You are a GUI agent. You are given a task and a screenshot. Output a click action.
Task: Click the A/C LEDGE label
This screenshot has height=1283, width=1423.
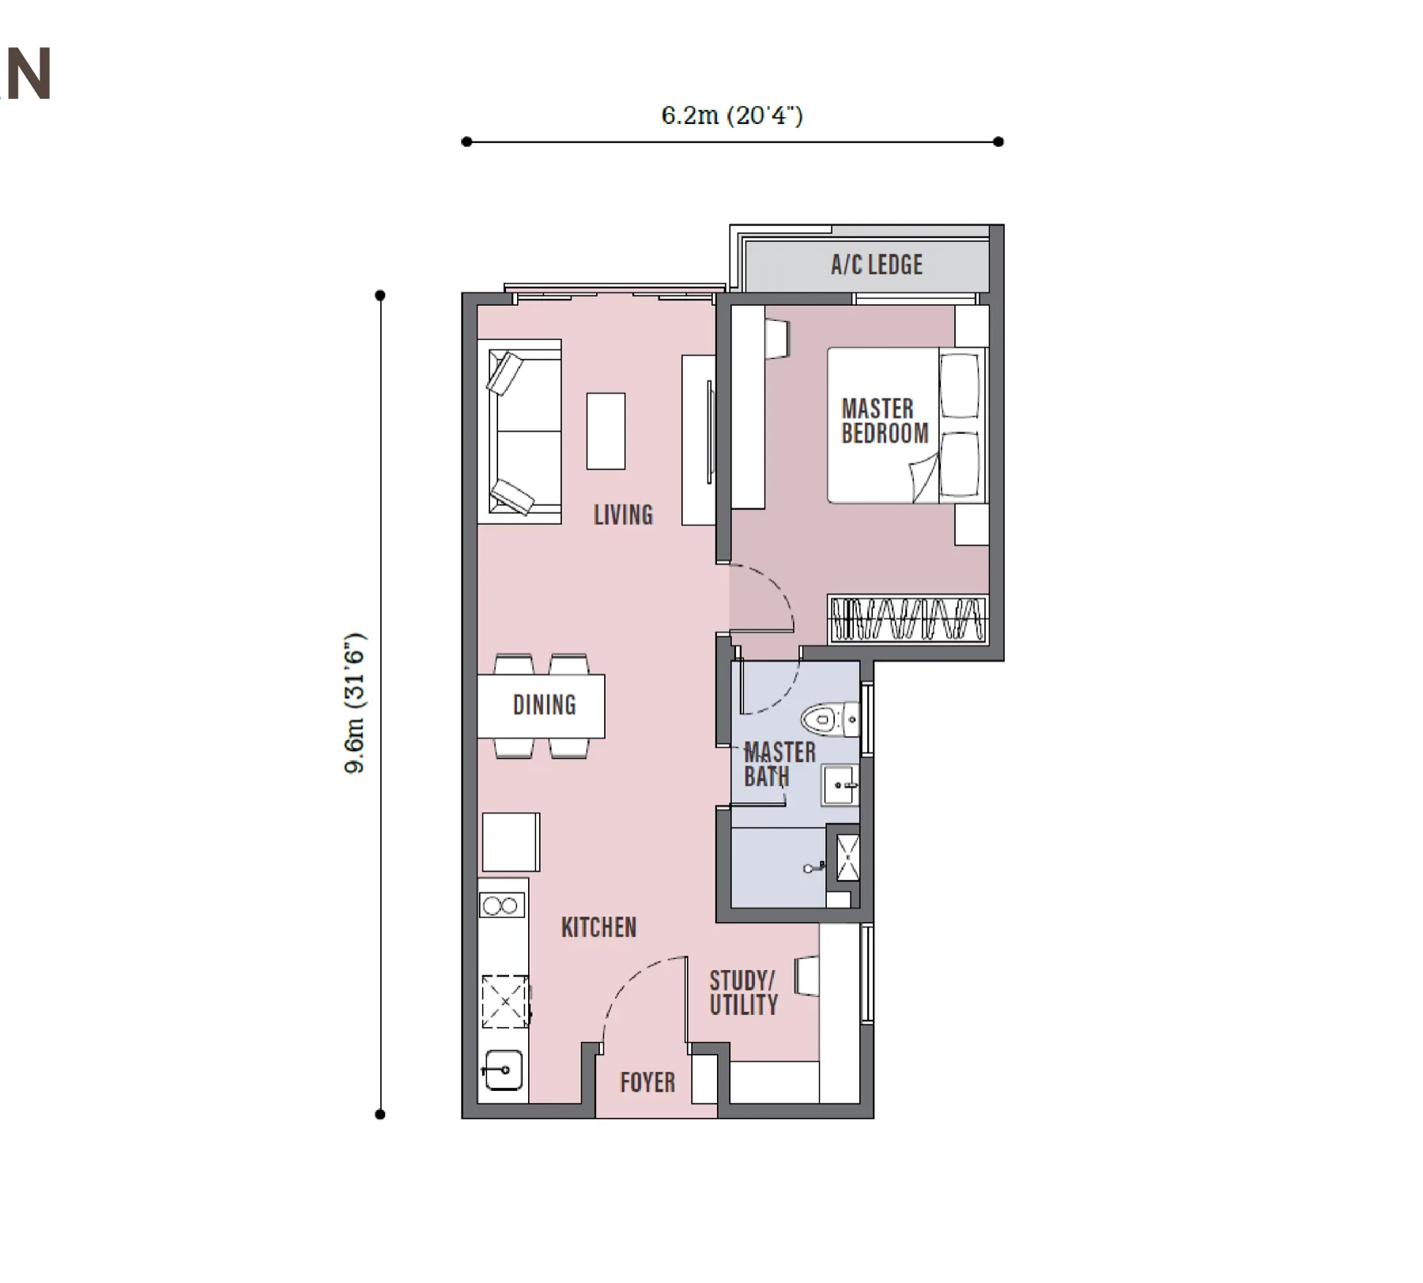(x=877, y=265)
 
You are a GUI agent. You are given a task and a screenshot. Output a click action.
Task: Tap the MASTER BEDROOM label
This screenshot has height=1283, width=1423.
(x=885, y=421)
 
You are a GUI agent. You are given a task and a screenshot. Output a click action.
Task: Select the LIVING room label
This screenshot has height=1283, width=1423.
(x=624, y=515)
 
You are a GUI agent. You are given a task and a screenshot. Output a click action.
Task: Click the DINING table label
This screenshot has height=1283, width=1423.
(x=545, y=705)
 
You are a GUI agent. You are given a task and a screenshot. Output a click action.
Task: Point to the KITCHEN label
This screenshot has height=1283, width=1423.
(x=598, y=927)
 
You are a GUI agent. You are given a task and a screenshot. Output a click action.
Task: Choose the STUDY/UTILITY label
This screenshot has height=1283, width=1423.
(x=744, y=994)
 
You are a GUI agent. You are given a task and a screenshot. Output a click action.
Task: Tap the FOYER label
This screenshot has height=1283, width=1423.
(x=647, y=1082)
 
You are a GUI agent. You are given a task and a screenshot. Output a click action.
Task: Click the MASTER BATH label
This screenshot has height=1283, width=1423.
(x=779, y=764)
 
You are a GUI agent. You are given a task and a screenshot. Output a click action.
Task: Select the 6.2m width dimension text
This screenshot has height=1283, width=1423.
(x=732, y=115)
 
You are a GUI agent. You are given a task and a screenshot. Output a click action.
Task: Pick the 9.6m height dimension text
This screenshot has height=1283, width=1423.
(x=355, y=703)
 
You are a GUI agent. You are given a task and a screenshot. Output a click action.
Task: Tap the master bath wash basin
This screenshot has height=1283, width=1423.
(x=840, y=785)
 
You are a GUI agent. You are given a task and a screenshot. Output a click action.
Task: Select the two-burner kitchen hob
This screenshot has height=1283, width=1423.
(x=501, y=905)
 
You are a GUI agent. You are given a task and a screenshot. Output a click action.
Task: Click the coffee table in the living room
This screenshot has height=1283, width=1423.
(x=606, y=432)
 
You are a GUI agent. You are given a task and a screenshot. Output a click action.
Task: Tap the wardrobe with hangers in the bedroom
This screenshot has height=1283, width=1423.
(x=908, y=619)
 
